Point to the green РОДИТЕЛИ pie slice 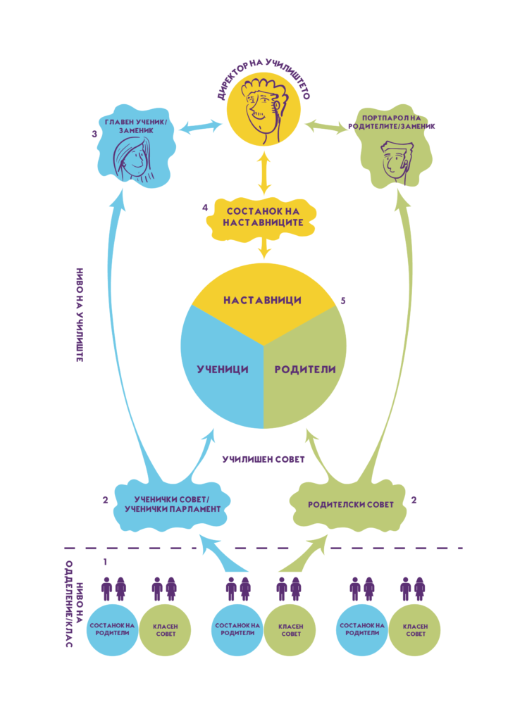tap(305, 370)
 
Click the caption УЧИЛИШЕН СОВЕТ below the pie tap(263, 459)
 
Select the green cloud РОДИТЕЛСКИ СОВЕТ tap(350, 504)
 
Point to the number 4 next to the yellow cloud tap(204, 208)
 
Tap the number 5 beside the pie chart tap(342, 301)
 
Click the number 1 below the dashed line tap(105, 563)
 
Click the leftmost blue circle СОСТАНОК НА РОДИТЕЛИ tap(112, 629)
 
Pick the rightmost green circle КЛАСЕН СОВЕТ tap(414, 629)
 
